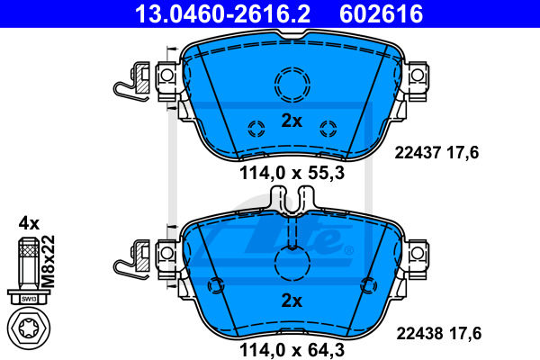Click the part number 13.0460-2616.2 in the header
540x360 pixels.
pyautogui.click(x=223, y=13)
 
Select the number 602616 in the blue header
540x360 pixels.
pyautogui.click(x=381, y=13)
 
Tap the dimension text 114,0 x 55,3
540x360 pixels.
pyautogui.click(x=292, y=173)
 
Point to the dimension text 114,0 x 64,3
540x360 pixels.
pyautogui.click(x=292, y=350)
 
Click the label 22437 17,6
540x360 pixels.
pyautogui.click(x=436, y=153)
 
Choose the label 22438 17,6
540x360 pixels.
pyautogui.click(x=439, y=334)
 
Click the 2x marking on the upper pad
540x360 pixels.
pyautogui.click(x=292, y=121)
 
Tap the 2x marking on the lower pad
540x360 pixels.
pyautogui.click(x=292, y=301)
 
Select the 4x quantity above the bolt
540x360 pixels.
pyautogui.click(x=30, y=223)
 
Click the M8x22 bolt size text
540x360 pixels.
pyautogui.click(x=48, y=262)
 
